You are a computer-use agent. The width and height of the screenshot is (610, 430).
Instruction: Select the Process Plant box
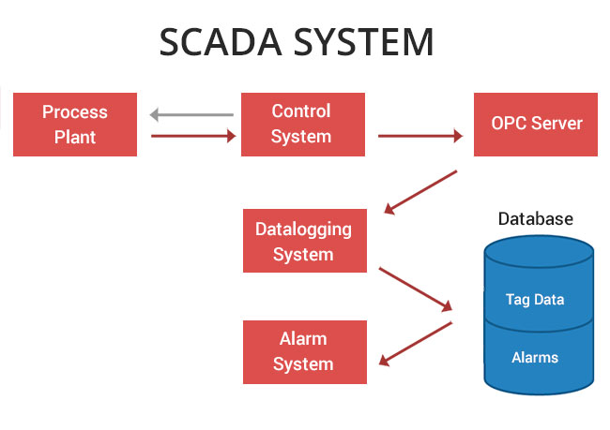[75, 125]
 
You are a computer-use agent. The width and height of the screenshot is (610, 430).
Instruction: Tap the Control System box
[301, 125]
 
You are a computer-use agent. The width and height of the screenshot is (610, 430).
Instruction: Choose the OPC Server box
[536, 125]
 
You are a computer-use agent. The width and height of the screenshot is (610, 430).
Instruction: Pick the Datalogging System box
[302, 241]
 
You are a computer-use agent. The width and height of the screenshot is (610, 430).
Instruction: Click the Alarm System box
[303, 351]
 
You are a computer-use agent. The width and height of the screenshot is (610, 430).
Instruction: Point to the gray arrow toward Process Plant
[191, 116]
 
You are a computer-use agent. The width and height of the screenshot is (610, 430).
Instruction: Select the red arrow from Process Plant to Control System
[193, 136]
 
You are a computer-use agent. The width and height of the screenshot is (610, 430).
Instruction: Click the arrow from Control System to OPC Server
[420, 136]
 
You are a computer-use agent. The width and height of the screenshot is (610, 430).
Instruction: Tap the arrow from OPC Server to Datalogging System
[421, 192]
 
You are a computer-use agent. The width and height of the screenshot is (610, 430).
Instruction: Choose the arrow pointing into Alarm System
[416, 344]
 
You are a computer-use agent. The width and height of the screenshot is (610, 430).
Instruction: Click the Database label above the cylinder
[535, 219]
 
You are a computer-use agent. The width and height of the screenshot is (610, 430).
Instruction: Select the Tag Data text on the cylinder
[535, 300]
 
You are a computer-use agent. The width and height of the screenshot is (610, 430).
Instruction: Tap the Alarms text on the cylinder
[535, 358]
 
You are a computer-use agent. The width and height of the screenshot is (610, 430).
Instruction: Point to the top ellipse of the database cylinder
[539, 250]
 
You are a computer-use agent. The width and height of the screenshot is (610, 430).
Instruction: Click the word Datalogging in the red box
[303, 230]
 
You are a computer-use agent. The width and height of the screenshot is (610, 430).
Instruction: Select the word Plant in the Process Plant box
[75, 137]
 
